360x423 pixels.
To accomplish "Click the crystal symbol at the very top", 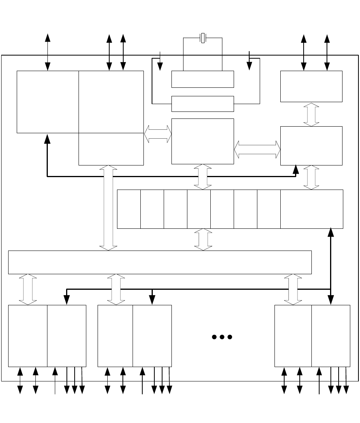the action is point(203,38).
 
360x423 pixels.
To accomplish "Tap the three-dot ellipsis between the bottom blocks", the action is point(222,337).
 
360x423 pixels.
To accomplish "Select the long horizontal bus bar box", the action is point(160,262).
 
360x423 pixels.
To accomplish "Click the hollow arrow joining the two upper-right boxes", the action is point(311,114).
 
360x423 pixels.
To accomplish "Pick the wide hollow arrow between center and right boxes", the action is point(257,149).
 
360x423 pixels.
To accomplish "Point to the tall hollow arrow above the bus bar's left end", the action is point(108,208).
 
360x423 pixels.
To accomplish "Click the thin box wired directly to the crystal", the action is point(203,79).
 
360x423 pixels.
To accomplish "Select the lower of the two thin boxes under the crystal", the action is point(203,104).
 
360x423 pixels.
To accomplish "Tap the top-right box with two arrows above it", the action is point(311,86).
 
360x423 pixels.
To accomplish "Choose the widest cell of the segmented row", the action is point(311,209).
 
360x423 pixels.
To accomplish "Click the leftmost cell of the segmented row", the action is point(129,209).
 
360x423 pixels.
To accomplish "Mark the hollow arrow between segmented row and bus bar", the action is point(203,239).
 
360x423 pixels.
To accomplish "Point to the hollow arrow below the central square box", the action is point(203,177).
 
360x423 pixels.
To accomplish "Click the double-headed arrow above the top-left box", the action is point(47,52).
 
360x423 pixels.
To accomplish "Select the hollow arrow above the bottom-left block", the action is point(28,289).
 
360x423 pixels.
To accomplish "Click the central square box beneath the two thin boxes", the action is point(203,141).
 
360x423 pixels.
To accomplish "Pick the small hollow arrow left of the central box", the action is point(157,134).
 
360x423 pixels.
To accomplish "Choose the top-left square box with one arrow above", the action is point(47,102).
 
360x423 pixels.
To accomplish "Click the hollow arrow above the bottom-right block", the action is point(293,289).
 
